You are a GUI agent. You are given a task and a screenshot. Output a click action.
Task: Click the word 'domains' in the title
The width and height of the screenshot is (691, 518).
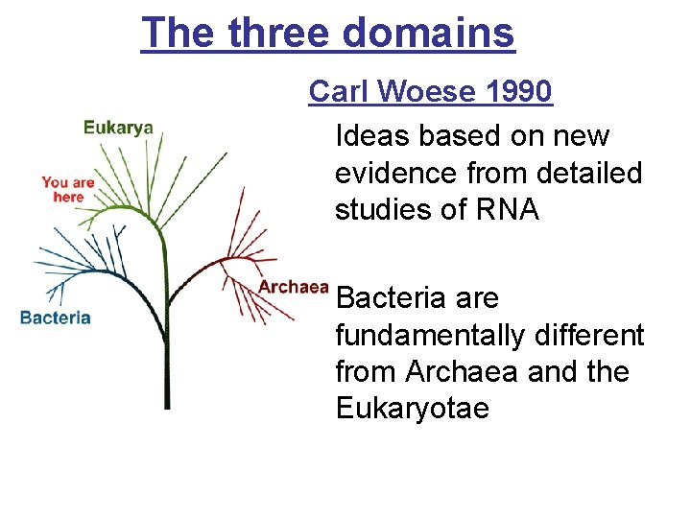pyautogui.click(x=428, y=33)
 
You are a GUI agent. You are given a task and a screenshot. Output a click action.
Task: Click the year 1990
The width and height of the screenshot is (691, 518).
pyautogui.click(x=519, y=92)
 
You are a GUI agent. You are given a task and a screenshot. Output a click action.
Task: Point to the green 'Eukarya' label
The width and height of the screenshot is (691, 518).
pyautogui.click(x=118, y=128)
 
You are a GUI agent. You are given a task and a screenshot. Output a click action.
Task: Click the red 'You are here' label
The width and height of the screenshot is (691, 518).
pyautogui.click(x=68, y=189)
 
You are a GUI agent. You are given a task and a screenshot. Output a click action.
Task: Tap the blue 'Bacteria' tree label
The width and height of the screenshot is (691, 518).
pyautogui.click(x=56, y=318)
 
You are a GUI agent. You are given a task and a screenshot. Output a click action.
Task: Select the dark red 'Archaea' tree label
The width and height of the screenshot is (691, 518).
pyautogui.click(x=293, y=287)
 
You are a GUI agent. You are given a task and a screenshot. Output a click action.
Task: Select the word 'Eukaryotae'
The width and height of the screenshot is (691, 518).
pyautogui.click(x=413, y=409)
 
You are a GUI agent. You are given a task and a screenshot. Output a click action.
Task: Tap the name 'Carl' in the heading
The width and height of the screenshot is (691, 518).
pyautogui.click(x=337, y=92)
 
